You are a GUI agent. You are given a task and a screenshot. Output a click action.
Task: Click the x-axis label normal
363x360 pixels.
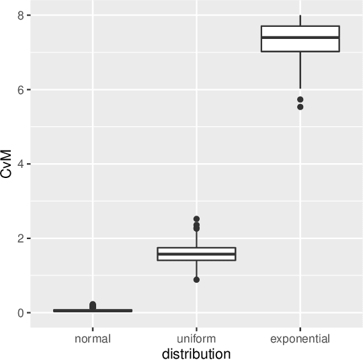pyautogui.click(x=93, y=339)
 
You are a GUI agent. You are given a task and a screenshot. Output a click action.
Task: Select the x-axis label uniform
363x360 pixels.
pyautogui.click(x=196, y=339)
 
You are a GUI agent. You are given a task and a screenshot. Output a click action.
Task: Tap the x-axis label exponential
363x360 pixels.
pyautogui.click(x=300, y=339)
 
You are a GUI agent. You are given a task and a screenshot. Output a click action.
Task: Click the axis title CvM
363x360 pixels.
pyautogui.click(x=7, y=164)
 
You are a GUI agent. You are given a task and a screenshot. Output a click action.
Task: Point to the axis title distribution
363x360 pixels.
pyautogui.click(x=196, y=353)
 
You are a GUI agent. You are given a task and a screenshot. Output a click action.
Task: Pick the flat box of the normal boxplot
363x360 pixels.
pyautogui.click(x=93, y=311)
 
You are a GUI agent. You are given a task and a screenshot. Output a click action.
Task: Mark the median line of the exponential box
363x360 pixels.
pyautogui.click(x=300, y=38)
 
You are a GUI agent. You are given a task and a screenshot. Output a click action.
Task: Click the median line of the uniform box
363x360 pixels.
pyautogui.click(x=196, y=254)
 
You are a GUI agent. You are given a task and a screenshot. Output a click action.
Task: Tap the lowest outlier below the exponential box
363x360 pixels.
pyautogui.click(x=300, y=107)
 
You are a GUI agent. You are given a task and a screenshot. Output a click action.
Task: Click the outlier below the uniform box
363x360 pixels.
pyautogui.click(x=196, y=279)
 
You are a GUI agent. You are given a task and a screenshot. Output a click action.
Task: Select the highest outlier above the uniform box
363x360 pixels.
pyautogui.click(x=196, y=219)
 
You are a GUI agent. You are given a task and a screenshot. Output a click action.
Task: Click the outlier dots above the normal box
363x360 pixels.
pyautogui.click(x=93, y=306)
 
